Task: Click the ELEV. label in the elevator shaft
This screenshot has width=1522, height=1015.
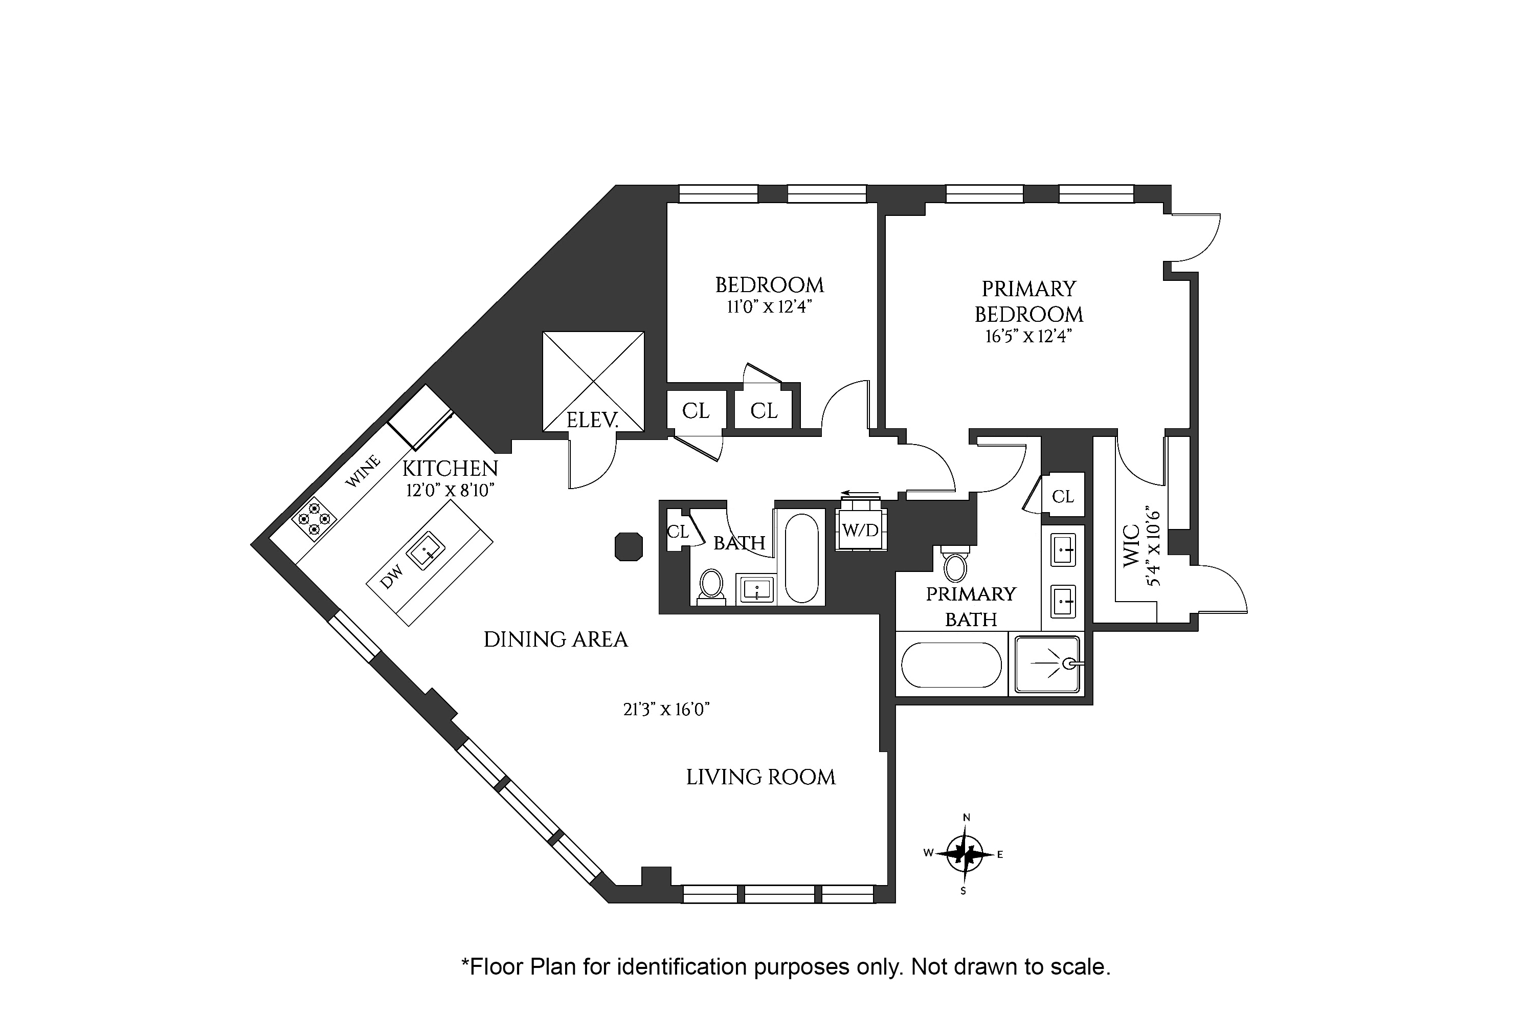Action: [x=592, y=420]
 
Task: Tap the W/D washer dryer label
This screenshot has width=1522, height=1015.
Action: [x=861, y=530]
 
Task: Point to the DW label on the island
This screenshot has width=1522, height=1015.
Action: [x=392, y=577]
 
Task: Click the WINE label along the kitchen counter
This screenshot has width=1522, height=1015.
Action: [x=363, y=471]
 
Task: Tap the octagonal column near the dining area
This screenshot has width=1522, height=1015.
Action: [x=629, y=546]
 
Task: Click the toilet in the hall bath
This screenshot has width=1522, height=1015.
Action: [x=712, y=586]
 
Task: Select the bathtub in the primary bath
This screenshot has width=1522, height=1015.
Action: [x=951, y=665]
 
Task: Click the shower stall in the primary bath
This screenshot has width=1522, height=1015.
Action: [x=1047, y=664]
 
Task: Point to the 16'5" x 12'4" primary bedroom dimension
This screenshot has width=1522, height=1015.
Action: [x=1029, y=337]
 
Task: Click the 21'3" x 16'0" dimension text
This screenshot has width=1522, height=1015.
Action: [x=666, y=710]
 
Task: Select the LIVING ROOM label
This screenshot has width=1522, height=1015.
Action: [x=761, y=777]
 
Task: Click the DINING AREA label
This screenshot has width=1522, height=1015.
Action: [x=556, y=639]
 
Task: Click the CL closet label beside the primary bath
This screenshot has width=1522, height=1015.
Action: [x=1063, y=496]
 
